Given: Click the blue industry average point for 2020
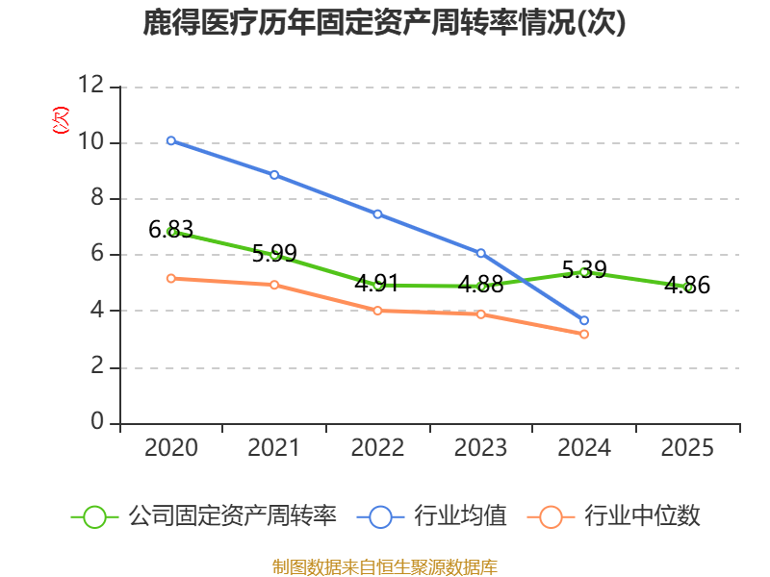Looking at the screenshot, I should pyautogui.click(x=170, y=140).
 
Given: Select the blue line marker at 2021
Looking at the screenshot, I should pyautogui.click(x=274, y=175).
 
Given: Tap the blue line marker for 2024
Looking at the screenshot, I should pyautogui.click(x=584, y=320).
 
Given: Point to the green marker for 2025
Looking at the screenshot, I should pyautogui.click(x=688, y=287).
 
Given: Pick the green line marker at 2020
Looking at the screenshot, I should pyautogui.click(x=171, y=232).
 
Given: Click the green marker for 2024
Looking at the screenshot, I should pyautogui.click(x=584, y=271).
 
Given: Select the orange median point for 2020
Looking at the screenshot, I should pyautogui.click(x=170, y=278).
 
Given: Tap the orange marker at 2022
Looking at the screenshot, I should pyautogui.click(x=377, y=311).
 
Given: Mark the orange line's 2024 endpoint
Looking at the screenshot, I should pyautogui.click(x=584, y=334).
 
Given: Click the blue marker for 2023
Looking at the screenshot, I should pyautogui.click(x=481, y=253).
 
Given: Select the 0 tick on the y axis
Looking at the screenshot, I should pyautogui.click(x=97, y=423).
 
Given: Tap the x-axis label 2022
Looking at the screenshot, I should pyautogui.click(x=377, y=448).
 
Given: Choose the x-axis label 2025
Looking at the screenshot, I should pyautogui.click(x=688, y=448).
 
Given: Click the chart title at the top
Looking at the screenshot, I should pyautogui.click(x=385, y=23).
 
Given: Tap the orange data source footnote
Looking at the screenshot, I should pyautogui.click(x=385, y=566).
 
